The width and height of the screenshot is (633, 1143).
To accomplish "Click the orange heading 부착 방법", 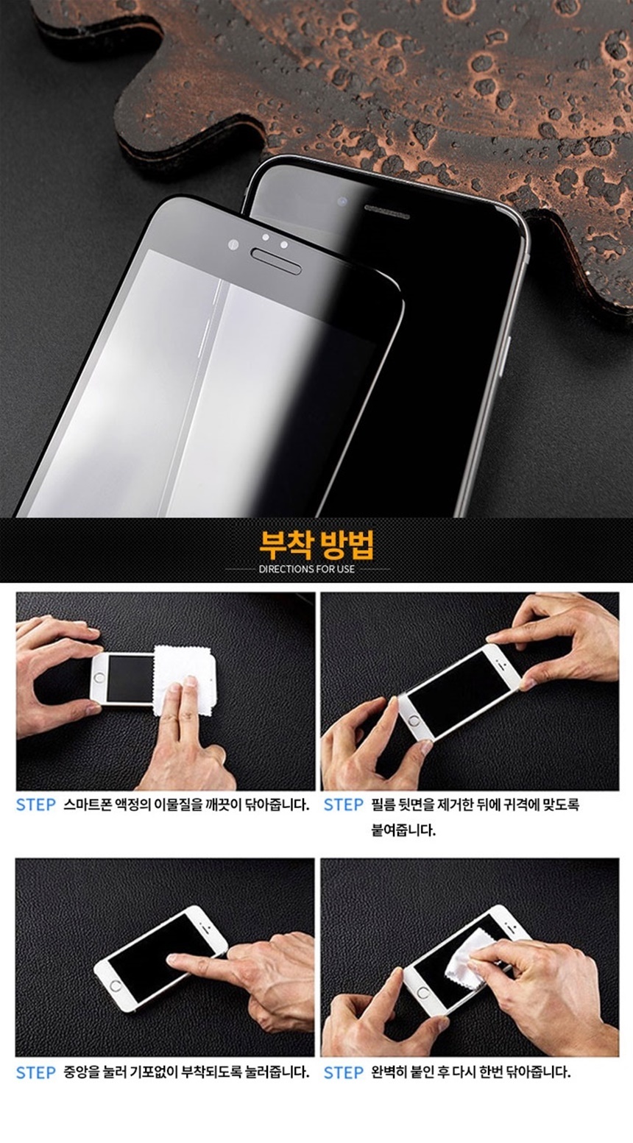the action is click(x=317, y=545).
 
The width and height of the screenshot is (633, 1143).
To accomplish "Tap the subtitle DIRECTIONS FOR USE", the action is click(x=307, y=569).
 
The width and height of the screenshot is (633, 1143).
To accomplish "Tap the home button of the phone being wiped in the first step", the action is click(x=99, y=678).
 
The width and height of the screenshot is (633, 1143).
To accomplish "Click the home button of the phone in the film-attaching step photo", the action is click(x=414, y=721).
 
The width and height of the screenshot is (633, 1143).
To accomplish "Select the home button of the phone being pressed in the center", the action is click(x=116, y=985).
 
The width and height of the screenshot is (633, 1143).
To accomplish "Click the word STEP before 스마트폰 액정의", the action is click(x=36, y=804).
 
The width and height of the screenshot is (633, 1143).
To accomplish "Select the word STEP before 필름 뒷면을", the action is click(x=344, y=804).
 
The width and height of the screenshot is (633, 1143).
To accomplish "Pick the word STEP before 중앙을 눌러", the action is click(x=36, y=1072).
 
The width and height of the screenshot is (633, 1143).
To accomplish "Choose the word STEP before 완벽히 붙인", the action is click(x=344, y=1072).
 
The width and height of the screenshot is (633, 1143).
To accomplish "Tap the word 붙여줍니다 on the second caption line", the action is click(x=403, y=830).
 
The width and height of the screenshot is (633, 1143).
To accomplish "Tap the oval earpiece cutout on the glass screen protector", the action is click(x=276, y=261).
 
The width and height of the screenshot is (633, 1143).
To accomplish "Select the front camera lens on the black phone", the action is click(x=342, y=202).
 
